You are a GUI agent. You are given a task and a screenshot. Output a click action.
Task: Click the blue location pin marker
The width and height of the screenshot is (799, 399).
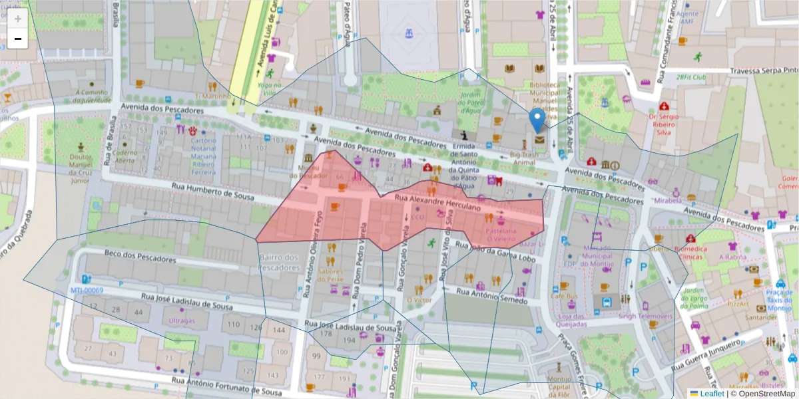(537, 122)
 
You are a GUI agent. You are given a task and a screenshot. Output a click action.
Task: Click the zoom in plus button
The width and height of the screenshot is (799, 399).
(18, 19)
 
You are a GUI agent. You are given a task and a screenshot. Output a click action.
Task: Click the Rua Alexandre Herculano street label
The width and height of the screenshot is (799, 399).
(437, 203)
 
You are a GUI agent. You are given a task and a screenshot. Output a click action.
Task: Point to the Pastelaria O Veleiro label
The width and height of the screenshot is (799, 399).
(501, 234)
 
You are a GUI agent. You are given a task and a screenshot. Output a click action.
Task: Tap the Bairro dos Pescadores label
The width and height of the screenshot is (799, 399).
(279, 262)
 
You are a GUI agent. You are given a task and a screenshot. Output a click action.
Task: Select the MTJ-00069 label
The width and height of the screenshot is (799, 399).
(87, 291)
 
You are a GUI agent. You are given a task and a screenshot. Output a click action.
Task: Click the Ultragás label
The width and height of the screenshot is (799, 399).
(182, 321)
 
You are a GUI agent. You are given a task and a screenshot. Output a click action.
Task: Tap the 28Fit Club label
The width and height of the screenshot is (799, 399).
(690, 77)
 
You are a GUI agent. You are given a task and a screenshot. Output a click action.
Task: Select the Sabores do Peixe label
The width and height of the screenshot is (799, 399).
(330, 275)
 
